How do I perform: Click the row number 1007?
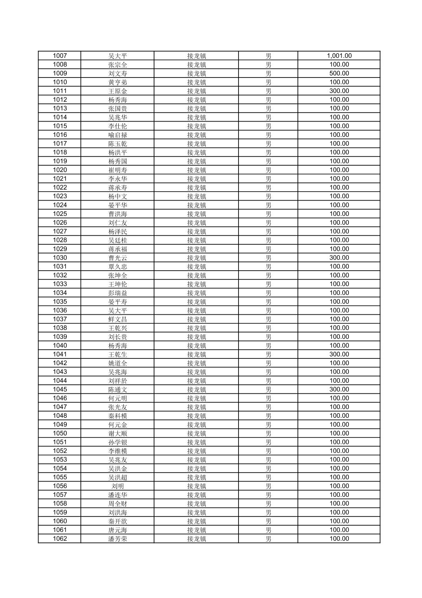coord(60,56)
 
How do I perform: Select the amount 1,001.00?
coord(339,56)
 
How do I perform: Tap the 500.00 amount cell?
coord(339,73)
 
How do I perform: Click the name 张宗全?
coord(117,65)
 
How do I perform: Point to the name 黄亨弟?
coord(117,82)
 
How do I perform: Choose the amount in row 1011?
coord(339,91)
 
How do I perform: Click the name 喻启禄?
coord(117,135)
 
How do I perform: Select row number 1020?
coord(60,170)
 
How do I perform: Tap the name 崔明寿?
coord(117,170)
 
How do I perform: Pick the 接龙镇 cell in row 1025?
coord(196,214)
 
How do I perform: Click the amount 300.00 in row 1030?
coord(339,258)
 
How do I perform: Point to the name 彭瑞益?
coord(117,293)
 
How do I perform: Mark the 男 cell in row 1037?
coord(268,319)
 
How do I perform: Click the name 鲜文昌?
coord(117,319)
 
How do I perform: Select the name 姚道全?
coord(117,363)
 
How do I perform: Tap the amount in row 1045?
coord(339,389)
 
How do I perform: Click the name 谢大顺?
coord(117,433)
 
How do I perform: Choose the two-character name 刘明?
coord(117,486)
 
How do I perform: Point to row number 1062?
coord(60,539)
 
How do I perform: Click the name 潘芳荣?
coord(117,539)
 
